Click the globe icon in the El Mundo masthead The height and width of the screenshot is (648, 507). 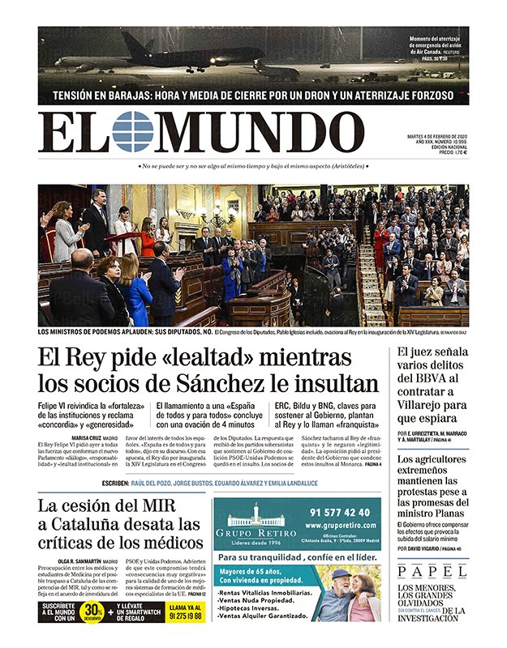coord(132,132)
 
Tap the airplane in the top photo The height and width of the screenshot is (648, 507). coord(162,54)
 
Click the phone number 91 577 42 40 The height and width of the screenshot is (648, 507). coord(339,513)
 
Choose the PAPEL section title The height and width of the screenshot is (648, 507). coord(432,572)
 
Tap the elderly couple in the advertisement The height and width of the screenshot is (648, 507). coord(347,595)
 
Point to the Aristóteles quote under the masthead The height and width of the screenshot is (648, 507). coord(252,166)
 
